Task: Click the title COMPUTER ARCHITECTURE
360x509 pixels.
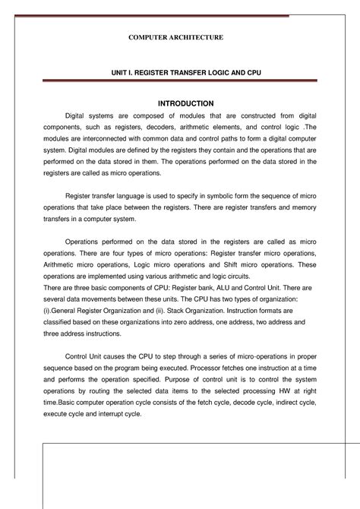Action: tap(180, 36)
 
